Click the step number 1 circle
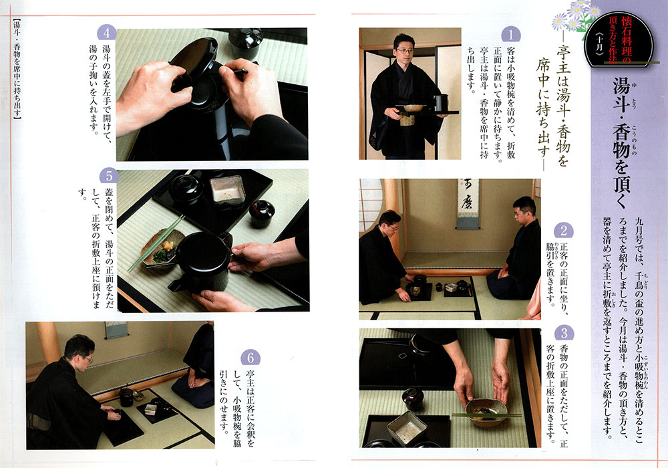coord(511,33)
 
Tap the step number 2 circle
coord(564,231)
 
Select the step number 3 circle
coord(564,333)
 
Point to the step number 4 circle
coord(106,33)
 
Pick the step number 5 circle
coord(109,176)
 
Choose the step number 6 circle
coord(251,358)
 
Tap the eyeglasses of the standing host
coord(404,50)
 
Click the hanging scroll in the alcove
coord(468,203)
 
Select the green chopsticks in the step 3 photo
coord(486,414)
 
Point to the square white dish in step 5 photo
coord(228,190)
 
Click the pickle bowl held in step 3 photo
coord(486,411)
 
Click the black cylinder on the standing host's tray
coord(441,103)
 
